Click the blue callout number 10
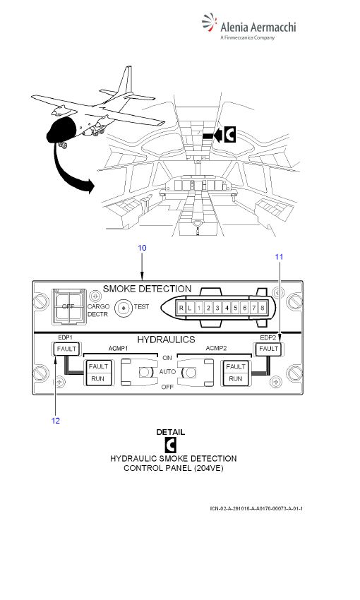coord(142,248)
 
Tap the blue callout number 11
coord(280,257)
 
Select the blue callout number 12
coord(56,421)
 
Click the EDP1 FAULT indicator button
coord(66,349)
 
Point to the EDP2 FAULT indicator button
coord(268,349)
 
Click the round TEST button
coord(124,307)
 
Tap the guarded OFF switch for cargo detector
coord(68,306)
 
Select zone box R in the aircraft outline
coord(181,308)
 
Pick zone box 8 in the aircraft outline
coord(263,308)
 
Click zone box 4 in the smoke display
coord(227,308)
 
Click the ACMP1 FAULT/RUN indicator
coord(98,372)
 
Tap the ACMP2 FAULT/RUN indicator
coord(235,372)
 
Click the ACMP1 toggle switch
coord(140,372)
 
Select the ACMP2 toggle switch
coord(195,372)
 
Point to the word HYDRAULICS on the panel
coord(166,340)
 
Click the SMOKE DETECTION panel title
coord(148,289)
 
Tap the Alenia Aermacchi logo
coord(249,26)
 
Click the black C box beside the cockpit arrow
coord(229,135)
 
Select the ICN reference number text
coord(256,508)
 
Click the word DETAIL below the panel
coord(171,432)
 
